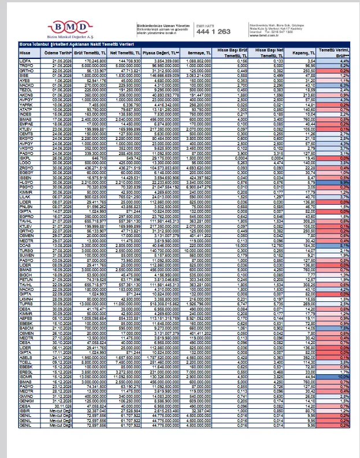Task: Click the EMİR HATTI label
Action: click(205, 26)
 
